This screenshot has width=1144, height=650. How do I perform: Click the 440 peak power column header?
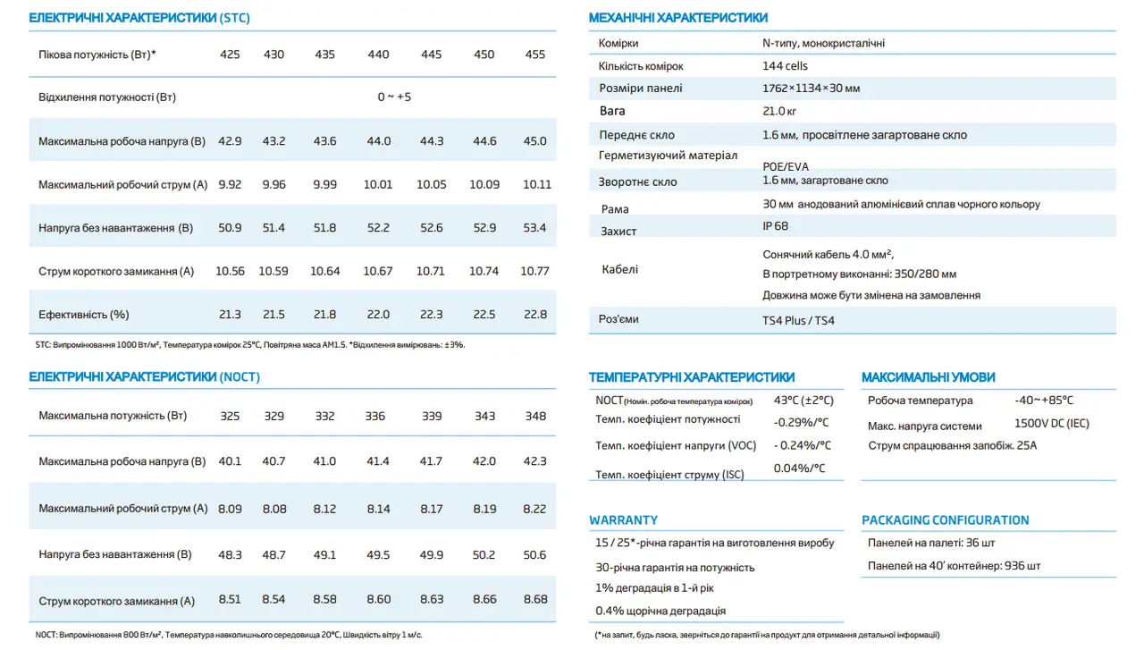click(x=378, y=55)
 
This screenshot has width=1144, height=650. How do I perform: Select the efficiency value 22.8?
click(x=535, y=315)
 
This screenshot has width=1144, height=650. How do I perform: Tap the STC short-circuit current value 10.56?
click(x=230, y=271)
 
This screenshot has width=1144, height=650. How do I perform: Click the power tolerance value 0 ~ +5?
click(x=394, y=97)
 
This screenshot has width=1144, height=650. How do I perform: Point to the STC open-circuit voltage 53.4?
click(x=534, y=228)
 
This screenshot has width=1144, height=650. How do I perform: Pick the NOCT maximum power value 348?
click(x=535, y=416)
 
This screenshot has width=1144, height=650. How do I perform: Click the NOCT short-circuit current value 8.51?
click(x=230, y=601)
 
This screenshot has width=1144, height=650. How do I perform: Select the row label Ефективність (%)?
click(x=84, y=315)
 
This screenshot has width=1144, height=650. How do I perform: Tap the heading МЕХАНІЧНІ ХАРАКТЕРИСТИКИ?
click(x=678, y=18)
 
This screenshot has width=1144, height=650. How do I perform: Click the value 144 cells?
click(x=785, y=66)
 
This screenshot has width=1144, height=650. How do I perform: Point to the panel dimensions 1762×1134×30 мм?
click(x=811, y=89)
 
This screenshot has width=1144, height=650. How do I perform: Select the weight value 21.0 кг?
click(x=779, y=112)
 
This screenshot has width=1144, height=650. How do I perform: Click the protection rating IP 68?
click(x=776, y=227)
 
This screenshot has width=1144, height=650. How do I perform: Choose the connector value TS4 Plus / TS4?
click(x=798, y=320)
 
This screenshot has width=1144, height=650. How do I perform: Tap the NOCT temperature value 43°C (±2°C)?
click(x=803, y=401)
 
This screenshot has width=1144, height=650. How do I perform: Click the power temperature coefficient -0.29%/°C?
click(x=801, y=422)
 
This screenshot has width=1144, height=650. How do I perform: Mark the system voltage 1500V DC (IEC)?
click(x=1052, y=424)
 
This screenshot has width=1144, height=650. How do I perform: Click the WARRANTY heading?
click(x=623, y=520)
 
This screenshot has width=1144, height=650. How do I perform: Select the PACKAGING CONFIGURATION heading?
click(x=945, y=520)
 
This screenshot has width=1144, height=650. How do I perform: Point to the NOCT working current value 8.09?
click(x=230, y=509)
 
